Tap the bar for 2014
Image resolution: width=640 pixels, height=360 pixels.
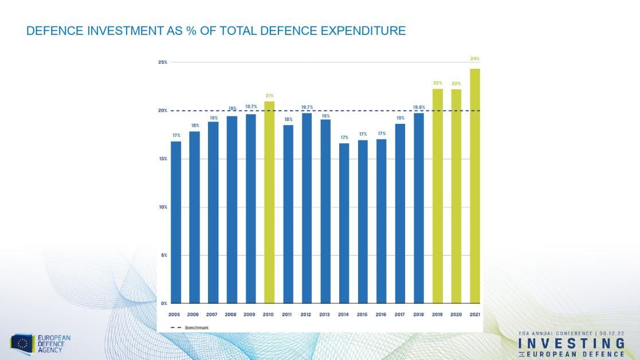coord(344,223)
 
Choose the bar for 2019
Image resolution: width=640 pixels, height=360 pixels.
coord(438,195)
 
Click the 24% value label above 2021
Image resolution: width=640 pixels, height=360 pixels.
coord(475,58)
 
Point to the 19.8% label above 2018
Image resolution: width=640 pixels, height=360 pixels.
coord(419,106)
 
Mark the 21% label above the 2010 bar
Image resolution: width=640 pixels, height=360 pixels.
coord(269,95)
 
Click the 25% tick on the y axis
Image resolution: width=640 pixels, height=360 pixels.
coord(163,62)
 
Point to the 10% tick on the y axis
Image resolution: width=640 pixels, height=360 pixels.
coord(163,207)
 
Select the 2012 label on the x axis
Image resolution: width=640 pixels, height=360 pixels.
coord(307,315)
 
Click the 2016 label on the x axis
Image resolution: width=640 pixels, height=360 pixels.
coord(381,315)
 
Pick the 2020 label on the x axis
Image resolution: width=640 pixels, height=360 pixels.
coord(456,315)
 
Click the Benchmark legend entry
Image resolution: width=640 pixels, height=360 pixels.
coord(189,327)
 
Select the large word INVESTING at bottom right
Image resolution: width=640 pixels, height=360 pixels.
coord(571,343)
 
